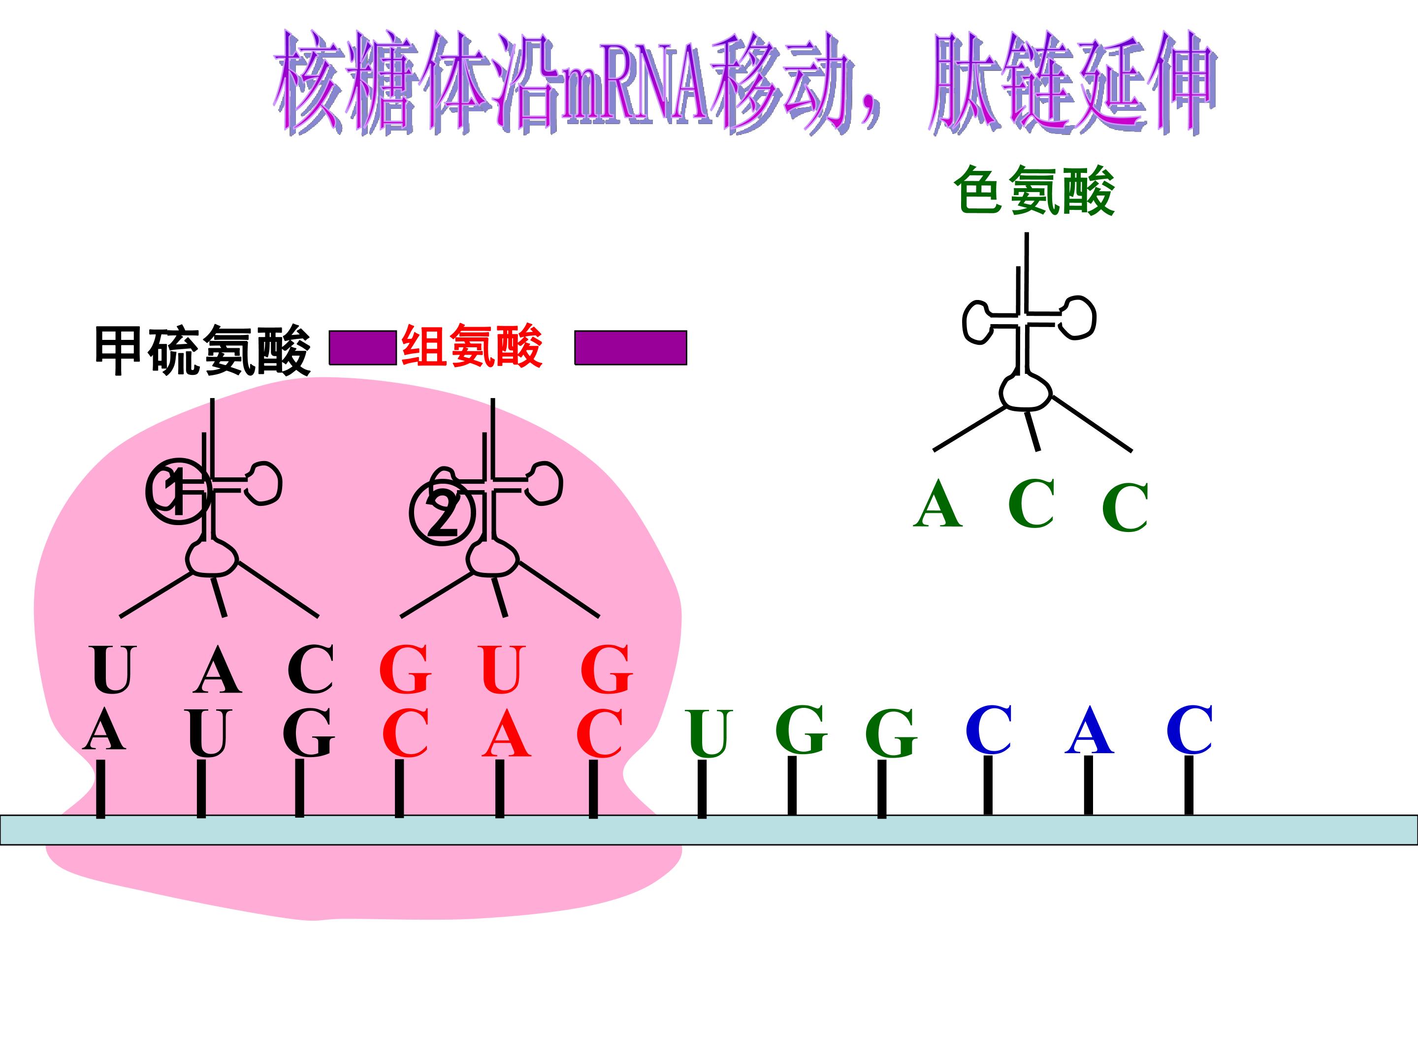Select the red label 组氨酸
click(472, 346)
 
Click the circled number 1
click(178, 491)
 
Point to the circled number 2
click(442, 514)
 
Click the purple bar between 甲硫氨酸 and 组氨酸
click(363, 348)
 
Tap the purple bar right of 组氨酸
click(631, 348)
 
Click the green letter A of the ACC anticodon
click(938, 503)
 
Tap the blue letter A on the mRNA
click(1089, 730)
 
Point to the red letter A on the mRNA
click(507, 733)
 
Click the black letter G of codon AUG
click(309, 733)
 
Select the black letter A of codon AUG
click(104, 731)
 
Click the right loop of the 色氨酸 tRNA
click(1076, 317)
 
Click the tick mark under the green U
click(702, 789)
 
